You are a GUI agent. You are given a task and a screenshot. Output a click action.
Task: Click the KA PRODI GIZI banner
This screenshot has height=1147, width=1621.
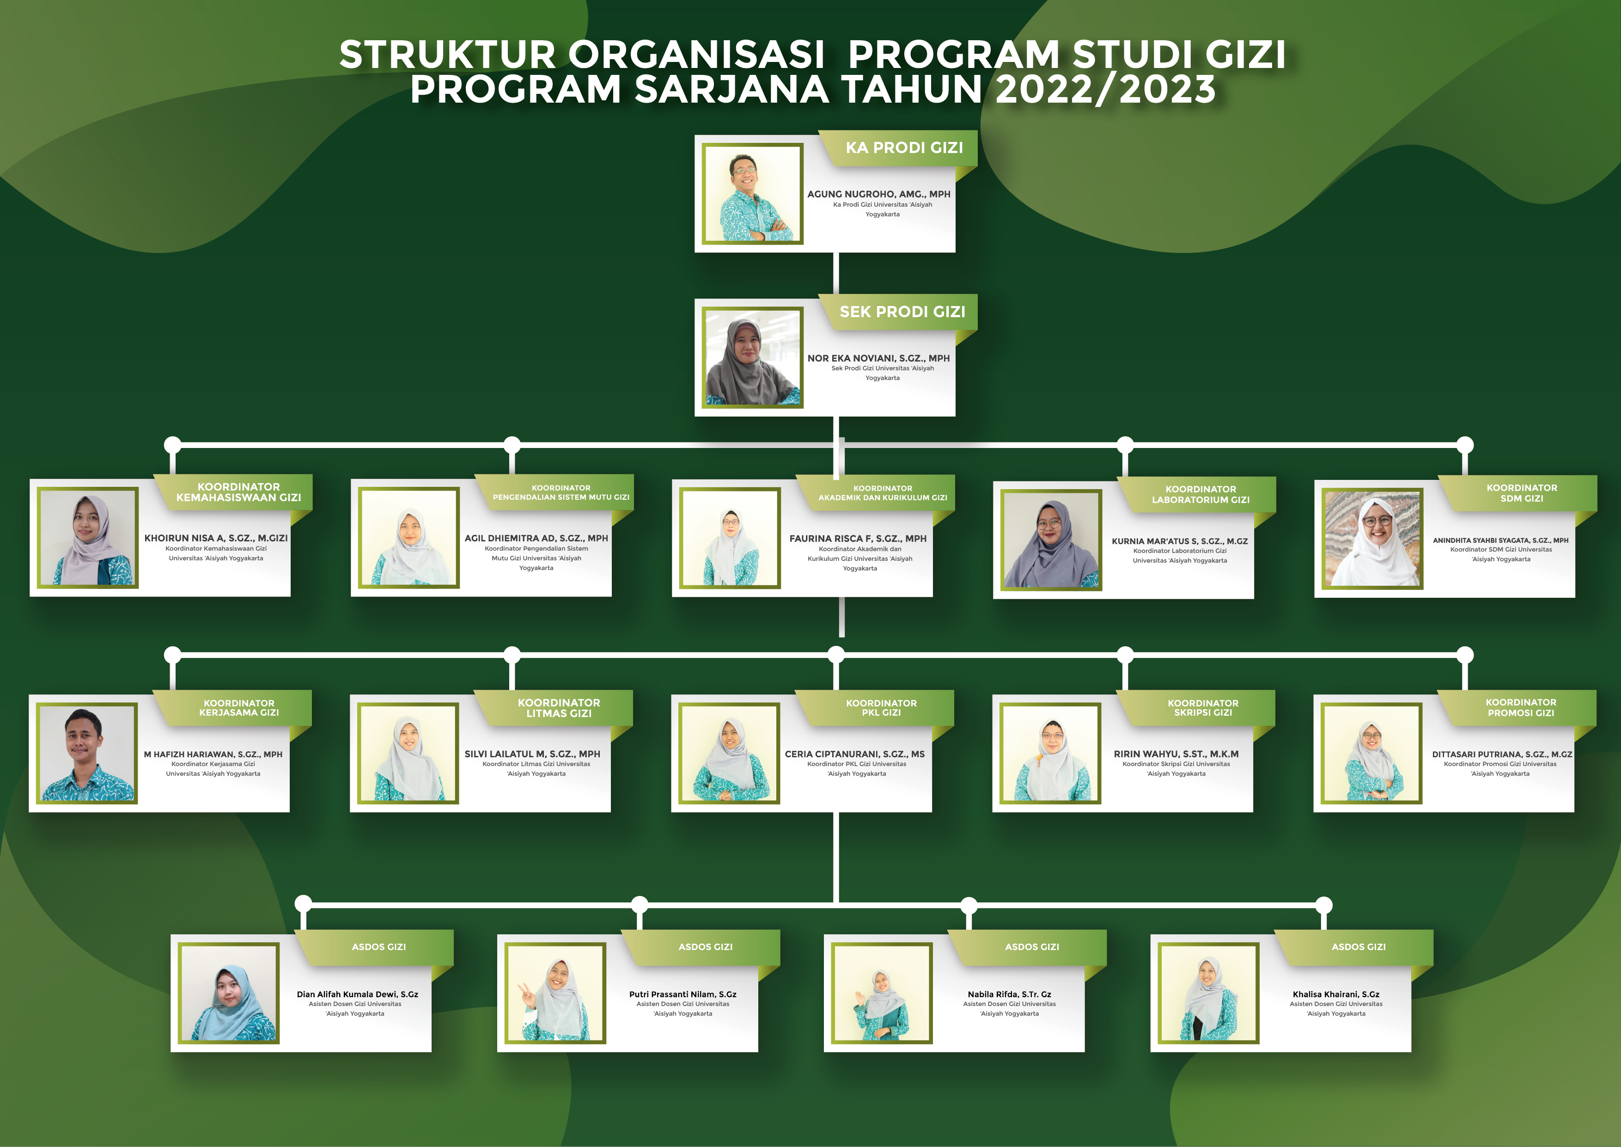pos(904,147)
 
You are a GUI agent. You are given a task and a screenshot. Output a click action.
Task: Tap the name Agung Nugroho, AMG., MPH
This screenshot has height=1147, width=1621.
pos(878,194)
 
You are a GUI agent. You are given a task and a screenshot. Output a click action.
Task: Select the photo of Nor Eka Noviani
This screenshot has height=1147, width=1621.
pos(753,357)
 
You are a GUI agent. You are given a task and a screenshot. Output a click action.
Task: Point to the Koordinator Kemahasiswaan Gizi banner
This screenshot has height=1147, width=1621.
pos(238,492)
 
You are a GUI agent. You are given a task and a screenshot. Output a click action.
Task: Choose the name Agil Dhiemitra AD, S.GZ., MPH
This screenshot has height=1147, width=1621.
pos(536,538)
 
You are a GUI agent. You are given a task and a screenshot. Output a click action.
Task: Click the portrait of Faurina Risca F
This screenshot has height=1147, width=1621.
pos(730,538)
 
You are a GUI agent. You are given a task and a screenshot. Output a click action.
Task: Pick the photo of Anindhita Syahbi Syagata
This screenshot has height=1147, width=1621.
pos(1372,540)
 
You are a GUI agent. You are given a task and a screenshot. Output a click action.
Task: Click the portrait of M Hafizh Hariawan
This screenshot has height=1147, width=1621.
pos(87,754)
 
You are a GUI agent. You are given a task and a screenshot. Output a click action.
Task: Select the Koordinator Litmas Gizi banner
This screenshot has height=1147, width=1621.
pos(559,708)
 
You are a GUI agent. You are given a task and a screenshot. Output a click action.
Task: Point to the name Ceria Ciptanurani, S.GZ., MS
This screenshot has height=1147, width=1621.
pos(854,754)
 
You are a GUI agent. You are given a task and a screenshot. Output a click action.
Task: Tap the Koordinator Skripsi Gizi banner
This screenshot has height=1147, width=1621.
pos(1202,708)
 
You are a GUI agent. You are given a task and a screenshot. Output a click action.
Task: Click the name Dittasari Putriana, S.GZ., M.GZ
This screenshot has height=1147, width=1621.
pos(1502,754)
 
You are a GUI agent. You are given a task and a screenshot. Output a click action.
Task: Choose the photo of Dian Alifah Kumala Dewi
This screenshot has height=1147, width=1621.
pos(230,994)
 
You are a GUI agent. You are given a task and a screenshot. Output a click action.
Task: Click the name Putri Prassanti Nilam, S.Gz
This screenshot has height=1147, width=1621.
pos(682,994)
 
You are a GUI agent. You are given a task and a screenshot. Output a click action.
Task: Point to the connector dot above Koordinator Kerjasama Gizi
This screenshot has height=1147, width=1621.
pos(172,655)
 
